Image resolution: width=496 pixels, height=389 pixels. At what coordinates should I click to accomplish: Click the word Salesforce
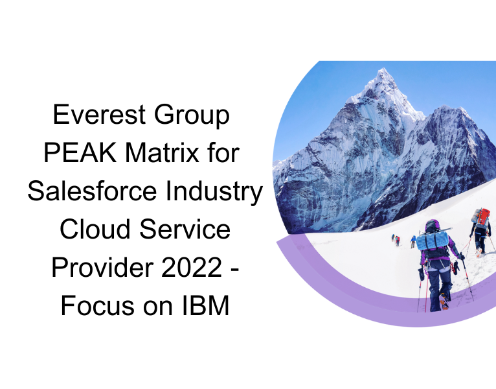pos(96,192)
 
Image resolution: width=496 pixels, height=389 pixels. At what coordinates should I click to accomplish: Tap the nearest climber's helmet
pos(431,225)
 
